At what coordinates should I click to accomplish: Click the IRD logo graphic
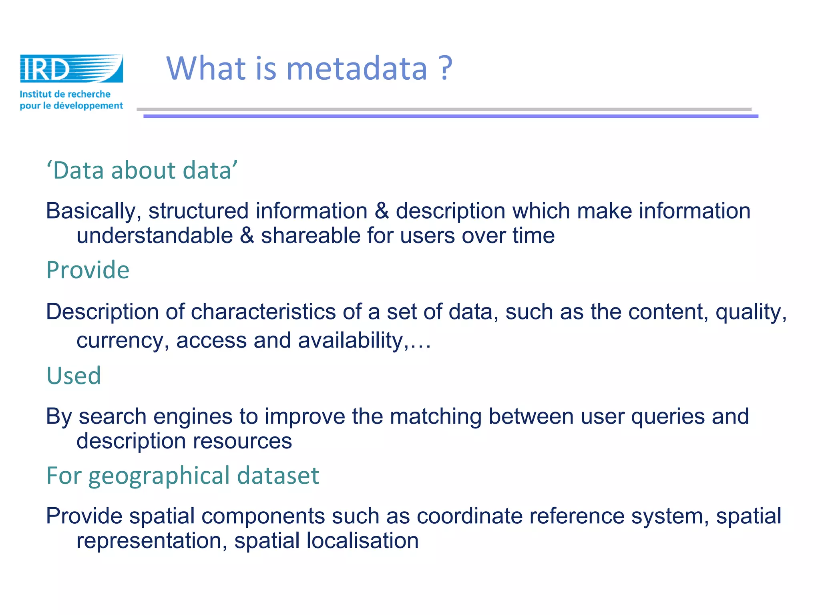[x=71, y=68]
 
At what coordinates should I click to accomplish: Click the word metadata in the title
[x=357, y=68]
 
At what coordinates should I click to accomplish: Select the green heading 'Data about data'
[x=142, y=171]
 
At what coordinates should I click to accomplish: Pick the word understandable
[x=155, y=235]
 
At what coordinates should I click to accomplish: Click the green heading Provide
[x=88, y=270]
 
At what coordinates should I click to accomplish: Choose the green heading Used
[x=74, y=376]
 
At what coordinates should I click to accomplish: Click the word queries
[x=667, y=417]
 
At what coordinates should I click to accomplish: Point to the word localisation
[x=362, y=541]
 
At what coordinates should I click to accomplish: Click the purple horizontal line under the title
[x=450, y=116]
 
